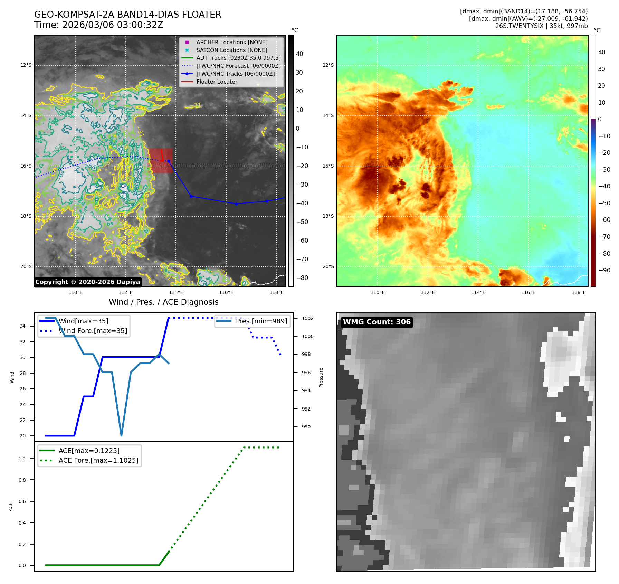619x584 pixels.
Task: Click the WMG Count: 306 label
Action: tap(377, 322)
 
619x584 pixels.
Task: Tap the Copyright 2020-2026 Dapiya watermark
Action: tap(87, 282)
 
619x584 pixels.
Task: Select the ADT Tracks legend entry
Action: tap(238, 58)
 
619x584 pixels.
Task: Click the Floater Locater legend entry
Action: tap(217, 82)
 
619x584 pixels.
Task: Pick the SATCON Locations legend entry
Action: tap(231, 50)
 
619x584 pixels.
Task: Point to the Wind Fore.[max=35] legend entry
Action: tap(93, 331)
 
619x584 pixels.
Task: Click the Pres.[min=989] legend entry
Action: tap(261, 321)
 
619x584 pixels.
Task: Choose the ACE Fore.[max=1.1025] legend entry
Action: tap(98, 460)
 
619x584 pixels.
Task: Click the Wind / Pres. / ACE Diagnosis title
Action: tap(163, 302)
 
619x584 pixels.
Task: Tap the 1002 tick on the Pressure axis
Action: tap(307, 318)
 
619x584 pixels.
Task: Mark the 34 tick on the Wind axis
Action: tap(22, 326)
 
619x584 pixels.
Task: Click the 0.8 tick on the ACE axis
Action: tap(22, 480)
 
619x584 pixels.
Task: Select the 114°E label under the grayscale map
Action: tap(176, 293)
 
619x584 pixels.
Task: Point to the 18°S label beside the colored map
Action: tap(328, 216)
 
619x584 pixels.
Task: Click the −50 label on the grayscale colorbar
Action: tap(302, 222)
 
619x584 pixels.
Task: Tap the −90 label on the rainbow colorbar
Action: tap(604, 270)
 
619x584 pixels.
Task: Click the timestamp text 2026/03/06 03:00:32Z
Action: tap(113, 25)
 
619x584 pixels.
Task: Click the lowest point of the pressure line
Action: tap(121, 435)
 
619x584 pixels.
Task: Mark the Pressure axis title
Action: tap(321, 377)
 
